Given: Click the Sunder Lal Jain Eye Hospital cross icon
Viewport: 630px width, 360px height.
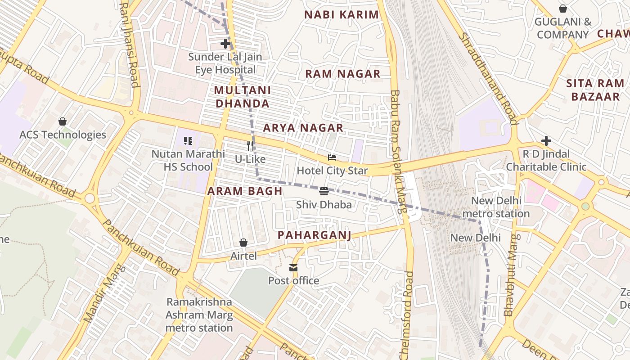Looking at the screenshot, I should click(225, 44).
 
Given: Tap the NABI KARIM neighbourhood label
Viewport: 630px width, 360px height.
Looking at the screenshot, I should click(342, 14).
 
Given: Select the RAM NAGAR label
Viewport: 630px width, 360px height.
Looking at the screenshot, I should click(343, 74).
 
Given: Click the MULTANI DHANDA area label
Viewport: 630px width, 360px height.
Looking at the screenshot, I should click(242, 97).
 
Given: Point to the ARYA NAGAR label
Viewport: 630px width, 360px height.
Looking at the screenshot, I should click(303, 128).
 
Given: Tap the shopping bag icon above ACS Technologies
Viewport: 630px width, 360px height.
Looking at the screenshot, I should click(63, 121).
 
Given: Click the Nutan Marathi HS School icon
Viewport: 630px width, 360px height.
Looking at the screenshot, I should click(188, 141).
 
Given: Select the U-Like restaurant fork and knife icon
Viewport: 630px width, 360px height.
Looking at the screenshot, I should click(251, 146).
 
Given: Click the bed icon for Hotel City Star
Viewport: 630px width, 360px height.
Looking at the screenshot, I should click(332, 157).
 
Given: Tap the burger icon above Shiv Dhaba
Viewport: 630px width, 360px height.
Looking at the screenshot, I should click(324, 191).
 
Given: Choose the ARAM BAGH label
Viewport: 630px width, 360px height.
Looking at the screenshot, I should click(245, 191).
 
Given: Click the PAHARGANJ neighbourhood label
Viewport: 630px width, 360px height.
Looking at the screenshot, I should click(314, 235).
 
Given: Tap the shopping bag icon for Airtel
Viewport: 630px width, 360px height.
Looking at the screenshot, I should click(243, 243).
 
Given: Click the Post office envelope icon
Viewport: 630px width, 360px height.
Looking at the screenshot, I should click(293, 268).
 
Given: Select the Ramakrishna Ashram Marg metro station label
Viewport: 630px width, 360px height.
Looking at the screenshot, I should click(199, 315).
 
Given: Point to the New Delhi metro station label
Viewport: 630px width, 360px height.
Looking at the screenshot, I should click(496, 207).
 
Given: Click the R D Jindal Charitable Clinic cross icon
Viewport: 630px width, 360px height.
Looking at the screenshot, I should click(546, 141).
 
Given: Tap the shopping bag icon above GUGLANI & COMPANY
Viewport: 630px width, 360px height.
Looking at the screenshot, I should click(562, 9).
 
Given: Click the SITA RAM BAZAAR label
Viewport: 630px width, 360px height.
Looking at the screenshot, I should click(595, 90).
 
